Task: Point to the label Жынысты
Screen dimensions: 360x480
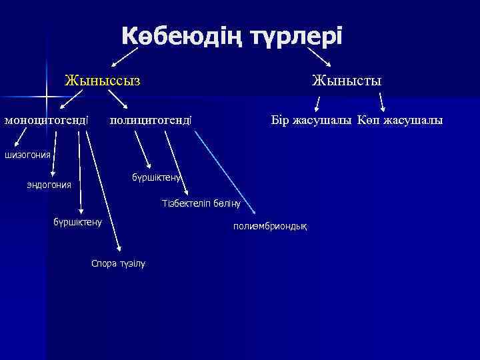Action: point(347,82)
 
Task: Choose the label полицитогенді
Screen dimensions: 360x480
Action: point(151,121)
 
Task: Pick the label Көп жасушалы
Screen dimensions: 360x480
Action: point(399,121)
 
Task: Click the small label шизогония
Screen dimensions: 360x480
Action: point(27,155)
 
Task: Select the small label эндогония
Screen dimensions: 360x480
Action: point(49,184)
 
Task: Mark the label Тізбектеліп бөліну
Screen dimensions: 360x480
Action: point(201,203)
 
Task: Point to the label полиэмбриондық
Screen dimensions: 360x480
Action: point(270,227)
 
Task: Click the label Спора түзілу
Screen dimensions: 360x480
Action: point(117,263)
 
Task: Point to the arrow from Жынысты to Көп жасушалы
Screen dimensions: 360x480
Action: point(383,101)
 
